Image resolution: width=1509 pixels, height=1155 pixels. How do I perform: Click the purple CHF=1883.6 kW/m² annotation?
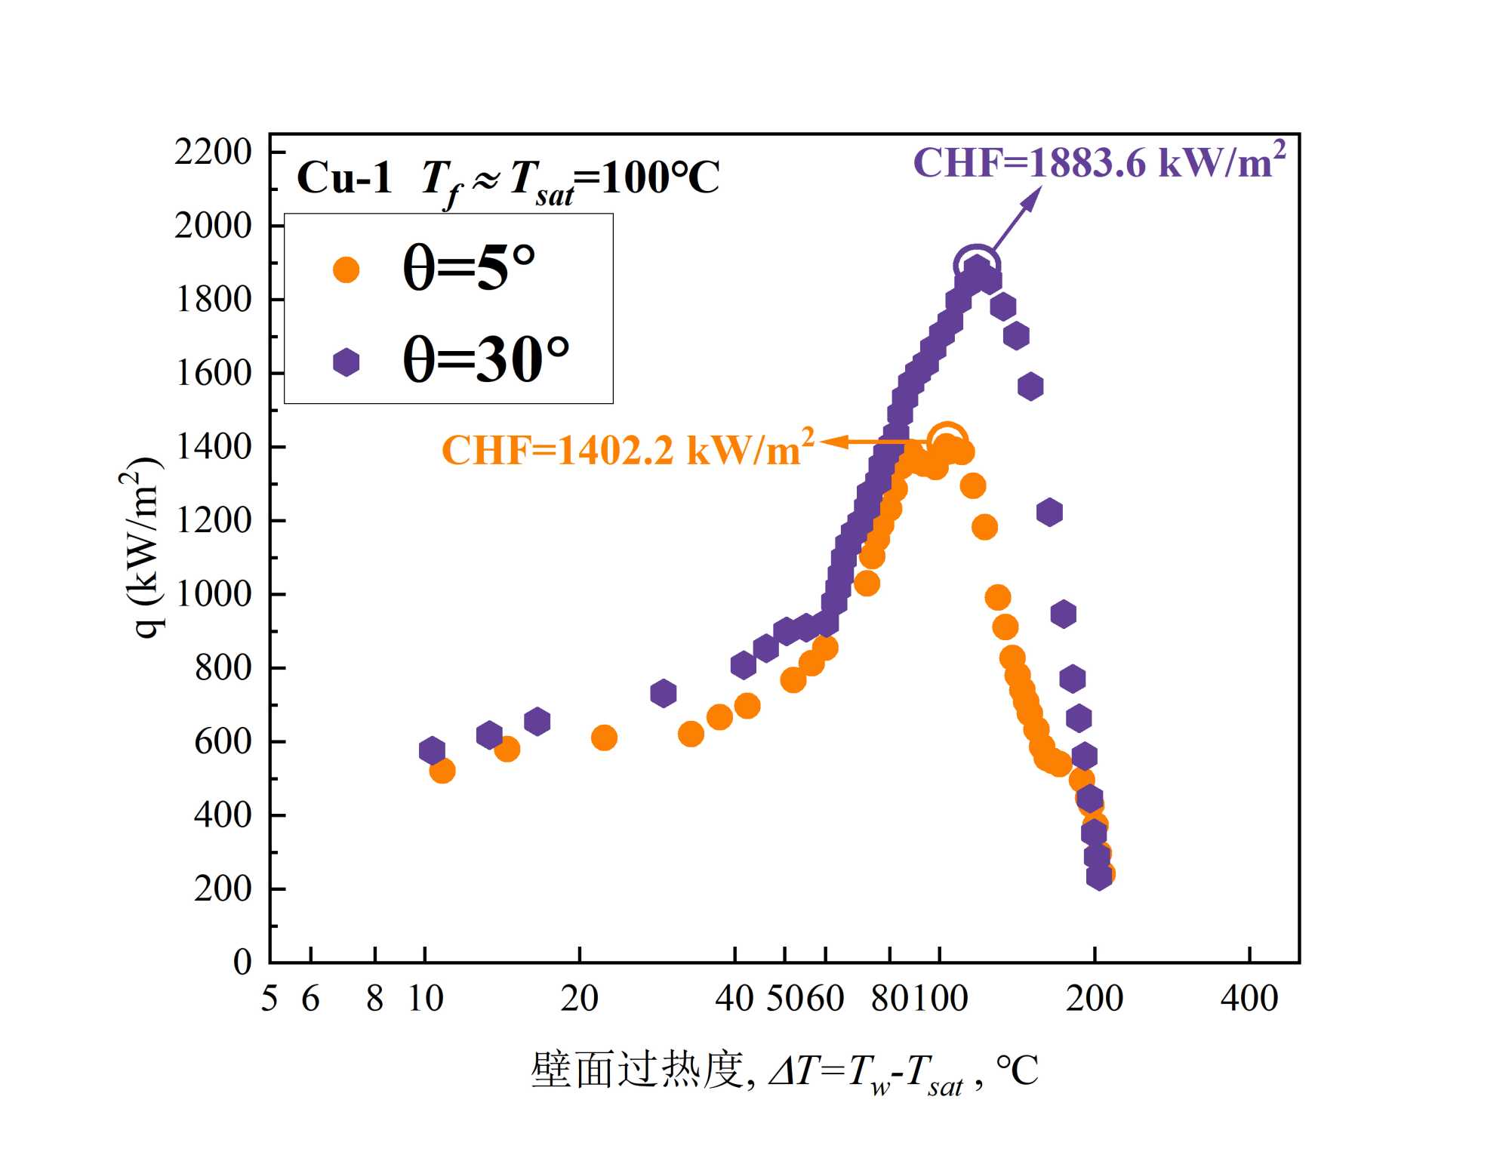(x=1098, y=162)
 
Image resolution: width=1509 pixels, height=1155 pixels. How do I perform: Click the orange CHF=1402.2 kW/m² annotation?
(x=627, y=450)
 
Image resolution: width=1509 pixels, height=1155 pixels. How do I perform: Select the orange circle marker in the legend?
(x=346, y=269)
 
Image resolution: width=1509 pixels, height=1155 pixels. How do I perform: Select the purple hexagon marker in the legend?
(x=346, y=362)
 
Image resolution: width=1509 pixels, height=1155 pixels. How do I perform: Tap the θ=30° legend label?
(x=485, y=359)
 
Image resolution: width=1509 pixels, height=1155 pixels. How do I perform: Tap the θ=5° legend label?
(x=469, y=267)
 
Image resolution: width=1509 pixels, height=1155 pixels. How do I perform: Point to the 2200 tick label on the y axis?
(x=213, y=152)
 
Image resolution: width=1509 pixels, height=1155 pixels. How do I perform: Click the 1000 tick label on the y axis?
(x=213, y=594)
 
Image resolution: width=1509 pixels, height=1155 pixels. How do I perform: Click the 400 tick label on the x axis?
(x=1249, y=999)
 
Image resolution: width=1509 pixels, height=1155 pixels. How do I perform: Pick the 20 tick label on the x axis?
(x=579, y=999)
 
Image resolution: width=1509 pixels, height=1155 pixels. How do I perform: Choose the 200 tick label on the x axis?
(x=1094, y=999)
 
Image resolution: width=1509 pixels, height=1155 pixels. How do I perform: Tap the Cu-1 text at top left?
(x=344, y=178)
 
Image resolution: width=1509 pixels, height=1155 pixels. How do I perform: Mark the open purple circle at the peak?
(x=977, y=264)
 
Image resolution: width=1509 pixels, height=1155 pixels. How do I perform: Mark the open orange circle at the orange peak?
(x=947, y=439)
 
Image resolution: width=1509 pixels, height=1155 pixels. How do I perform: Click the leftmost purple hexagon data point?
(x=432, y=750)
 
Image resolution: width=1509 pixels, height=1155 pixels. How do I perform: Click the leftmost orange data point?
(x=442, y=771)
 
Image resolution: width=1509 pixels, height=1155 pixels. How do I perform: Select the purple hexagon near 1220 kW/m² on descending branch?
(x=1049, y=513)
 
